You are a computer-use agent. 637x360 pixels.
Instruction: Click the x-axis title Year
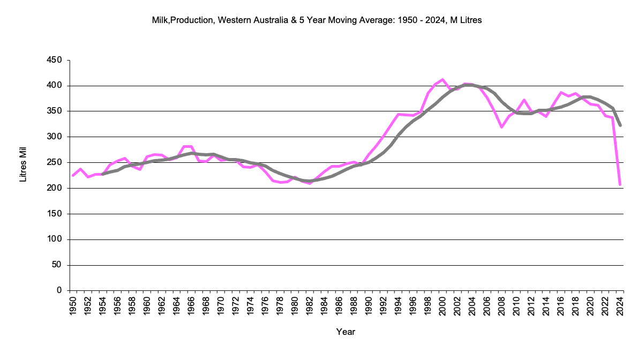tap(346, 332)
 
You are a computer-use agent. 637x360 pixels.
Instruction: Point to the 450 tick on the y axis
tap(56, 60)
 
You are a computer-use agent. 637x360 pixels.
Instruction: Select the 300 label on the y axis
tap(56, 137)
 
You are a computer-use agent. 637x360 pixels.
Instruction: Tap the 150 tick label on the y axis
tap(56, 214)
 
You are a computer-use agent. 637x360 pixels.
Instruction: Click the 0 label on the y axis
tap(60, 291)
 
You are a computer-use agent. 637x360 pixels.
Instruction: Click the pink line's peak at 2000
tap(443, 79)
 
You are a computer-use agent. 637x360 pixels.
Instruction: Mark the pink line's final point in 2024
tap(620, 185)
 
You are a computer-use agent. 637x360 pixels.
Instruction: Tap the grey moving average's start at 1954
tap(103, 174)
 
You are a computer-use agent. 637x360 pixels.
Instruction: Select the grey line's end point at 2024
tap(620, 125)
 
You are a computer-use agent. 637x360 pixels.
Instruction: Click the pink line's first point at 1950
tap(73, 175)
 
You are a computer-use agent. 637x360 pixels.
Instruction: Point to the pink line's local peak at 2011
tap(524, 100)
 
